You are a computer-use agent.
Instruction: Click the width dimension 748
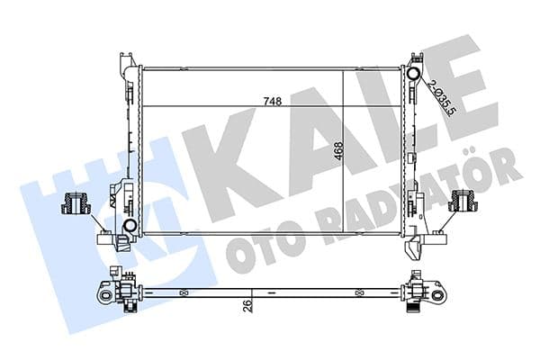273,101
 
